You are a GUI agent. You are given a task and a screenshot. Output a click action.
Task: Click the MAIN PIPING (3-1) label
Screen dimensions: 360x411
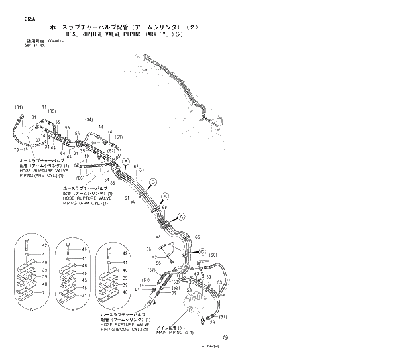tap(172, 333)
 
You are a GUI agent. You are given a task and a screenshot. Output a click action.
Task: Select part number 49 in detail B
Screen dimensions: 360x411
tap(84, 249)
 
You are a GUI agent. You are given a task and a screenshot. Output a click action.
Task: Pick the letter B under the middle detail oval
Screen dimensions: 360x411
tap(72, 309)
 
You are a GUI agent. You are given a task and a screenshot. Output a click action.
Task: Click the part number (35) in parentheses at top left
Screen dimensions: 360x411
tap(52, 111)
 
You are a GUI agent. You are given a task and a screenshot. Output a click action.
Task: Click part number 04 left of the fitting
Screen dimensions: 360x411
tap(137, 290)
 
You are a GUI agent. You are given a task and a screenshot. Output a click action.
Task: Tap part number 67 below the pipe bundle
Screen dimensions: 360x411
tap(158, 237)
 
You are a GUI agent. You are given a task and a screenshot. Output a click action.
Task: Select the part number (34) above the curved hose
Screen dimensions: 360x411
tap(88, 119)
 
